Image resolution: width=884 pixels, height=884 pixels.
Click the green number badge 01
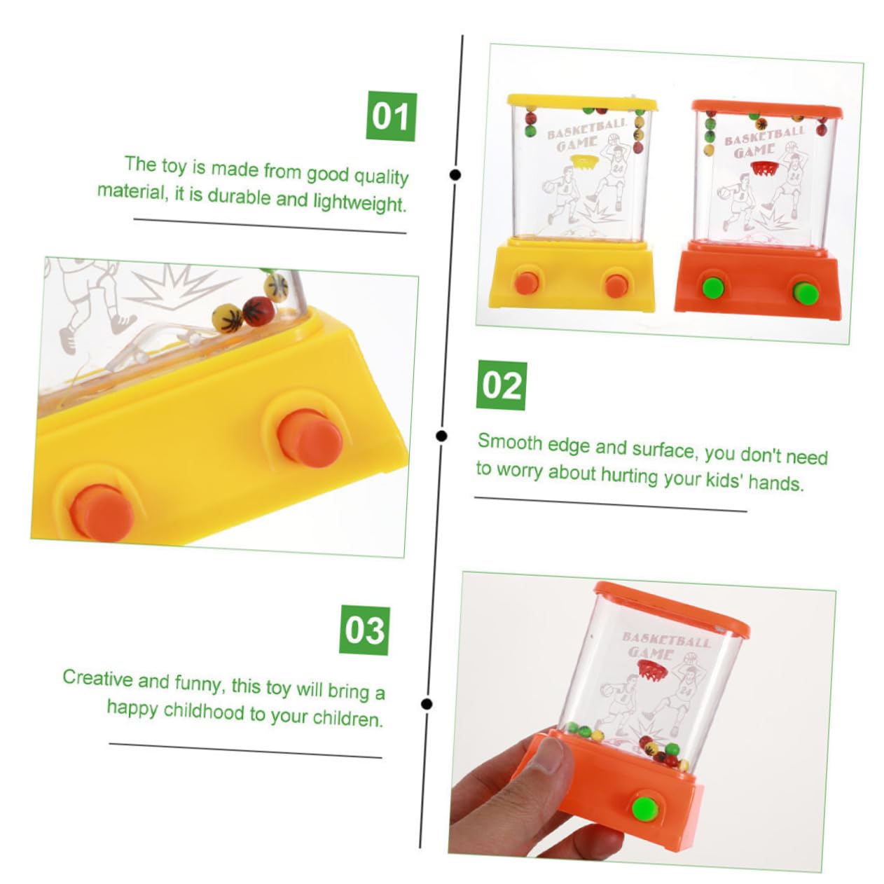[x=391, y=116]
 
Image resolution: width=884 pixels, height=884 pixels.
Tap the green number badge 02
[x=502, y=386]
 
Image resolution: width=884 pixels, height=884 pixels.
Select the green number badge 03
[x=365, y=630]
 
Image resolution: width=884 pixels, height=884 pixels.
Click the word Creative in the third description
[x=97, y=678]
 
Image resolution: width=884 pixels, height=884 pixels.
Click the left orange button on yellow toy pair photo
[x=527, y=282]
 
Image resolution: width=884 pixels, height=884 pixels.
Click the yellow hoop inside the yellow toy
[x=583, y=161]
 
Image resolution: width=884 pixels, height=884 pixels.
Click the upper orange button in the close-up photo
[x=309, y=438]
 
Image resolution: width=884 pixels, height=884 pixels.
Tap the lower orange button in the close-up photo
[x=102, y=511]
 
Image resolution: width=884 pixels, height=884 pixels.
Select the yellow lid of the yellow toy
[x=581, y=103]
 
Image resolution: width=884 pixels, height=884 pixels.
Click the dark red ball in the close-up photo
[x=257, y=310]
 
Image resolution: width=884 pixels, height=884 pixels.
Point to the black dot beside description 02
[x=441, y=436]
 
